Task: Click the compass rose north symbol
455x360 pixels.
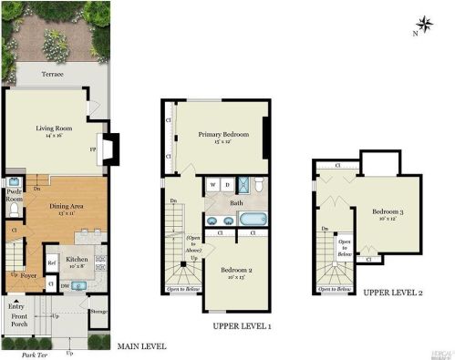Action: click(423, 24)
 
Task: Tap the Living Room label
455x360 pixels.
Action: click(55, 129)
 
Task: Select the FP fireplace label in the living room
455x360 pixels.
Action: click(94, 148)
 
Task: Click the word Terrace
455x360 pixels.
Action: click(51, 75)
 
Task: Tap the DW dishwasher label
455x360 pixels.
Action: click(65, 284)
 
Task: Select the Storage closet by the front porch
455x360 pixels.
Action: click(98, 312)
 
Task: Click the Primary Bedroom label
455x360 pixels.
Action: click(223, 137)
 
